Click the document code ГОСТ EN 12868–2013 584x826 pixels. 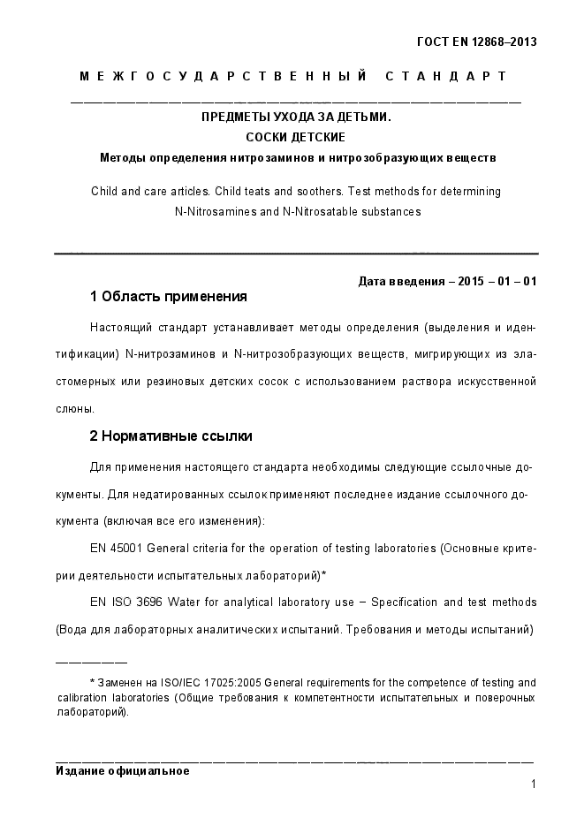(476, 42)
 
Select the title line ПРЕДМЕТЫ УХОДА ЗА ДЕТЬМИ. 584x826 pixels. (295, 117)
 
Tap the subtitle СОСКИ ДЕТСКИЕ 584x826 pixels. (295, 137)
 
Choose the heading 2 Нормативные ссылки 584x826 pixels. (171, 436)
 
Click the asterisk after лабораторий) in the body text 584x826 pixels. (323, 575)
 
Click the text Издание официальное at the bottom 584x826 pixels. (122, 770)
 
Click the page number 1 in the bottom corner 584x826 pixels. (534, 784)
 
